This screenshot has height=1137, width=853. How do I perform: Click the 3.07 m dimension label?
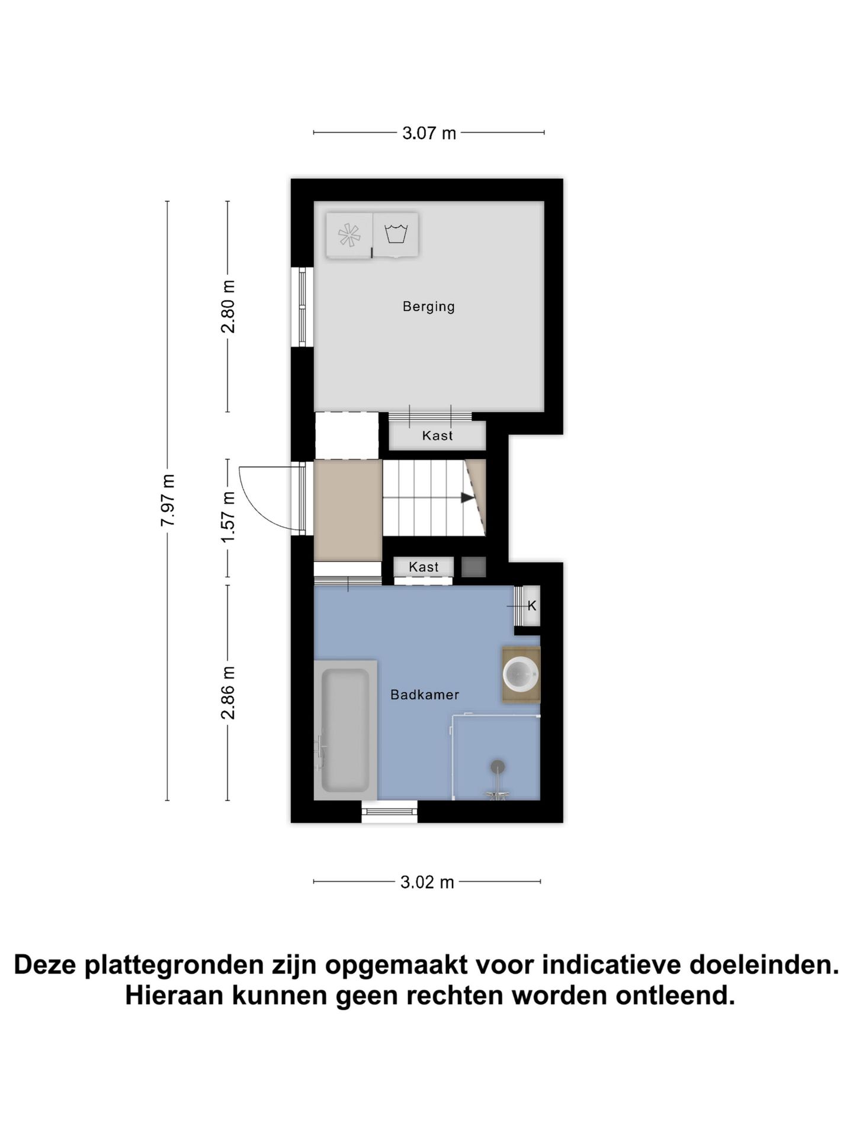[x=429, y=133]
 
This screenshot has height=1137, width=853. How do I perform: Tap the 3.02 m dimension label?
[x=426, y=882]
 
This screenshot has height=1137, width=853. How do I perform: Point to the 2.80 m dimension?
[x=228, y=306]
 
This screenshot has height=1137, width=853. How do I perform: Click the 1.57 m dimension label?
[x=228, y=516]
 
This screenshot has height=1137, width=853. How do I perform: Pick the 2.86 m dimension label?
[x=228, y=692]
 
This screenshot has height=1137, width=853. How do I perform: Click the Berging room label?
[x=428, y=307]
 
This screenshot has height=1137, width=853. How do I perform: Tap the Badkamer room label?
[x=424, y=695]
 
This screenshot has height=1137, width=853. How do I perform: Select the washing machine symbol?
[x=396, y=234]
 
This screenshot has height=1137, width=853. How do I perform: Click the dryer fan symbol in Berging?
[x=349, y=235]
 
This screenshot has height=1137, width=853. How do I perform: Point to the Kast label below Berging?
[x=437, y=436]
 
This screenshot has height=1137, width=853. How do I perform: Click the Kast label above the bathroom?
[x=424, y=567]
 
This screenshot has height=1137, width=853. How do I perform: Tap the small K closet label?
[x=531, y=606]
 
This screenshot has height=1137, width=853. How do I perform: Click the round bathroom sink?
[x=520, y=674]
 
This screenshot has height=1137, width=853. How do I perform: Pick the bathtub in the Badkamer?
[x=345, y=730]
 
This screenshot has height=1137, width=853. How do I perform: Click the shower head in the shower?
[x=498, y=767]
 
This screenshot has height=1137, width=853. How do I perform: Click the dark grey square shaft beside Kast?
[x=473, y=567]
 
